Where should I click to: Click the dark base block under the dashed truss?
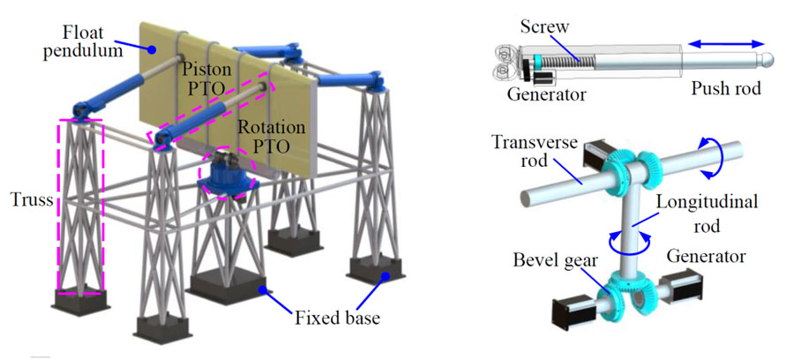(x=79, y=304)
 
